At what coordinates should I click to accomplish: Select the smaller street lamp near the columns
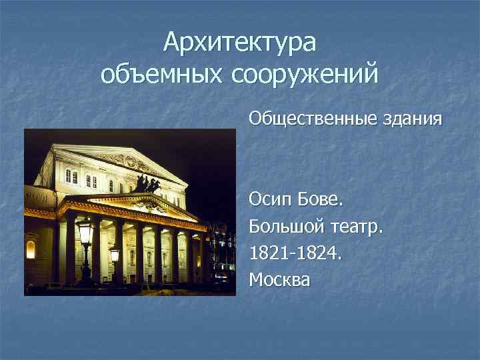[x=114, y=254]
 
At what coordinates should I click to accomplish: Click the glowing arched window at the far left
[x=30, y=249]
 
